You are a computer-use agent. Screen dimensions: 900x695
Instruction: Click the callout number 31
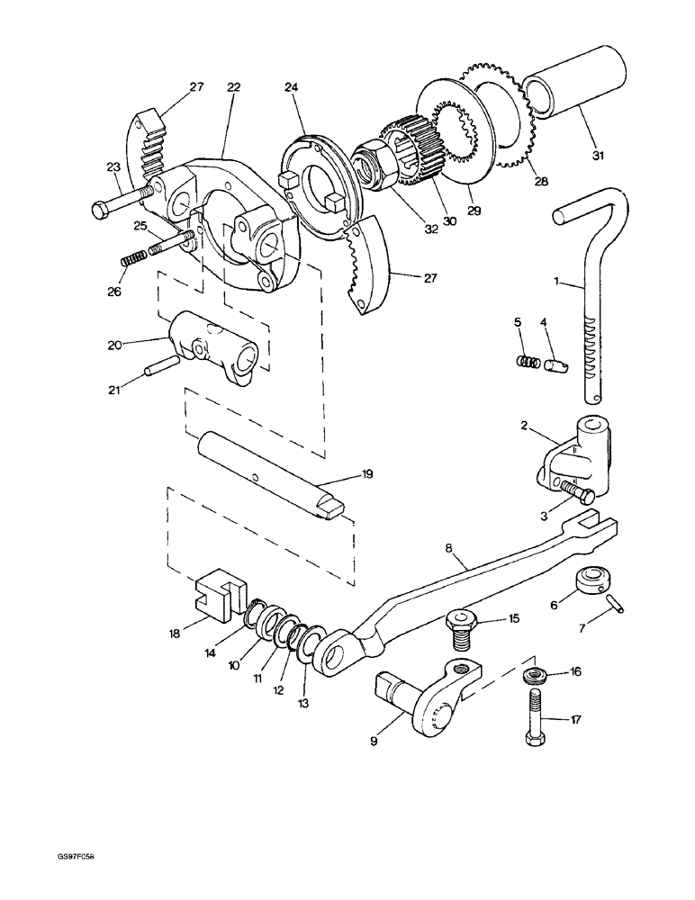click(x=598, y=154)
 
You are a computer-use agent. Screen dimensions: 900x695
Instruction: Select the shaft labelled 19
click(x=271, y=475)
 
